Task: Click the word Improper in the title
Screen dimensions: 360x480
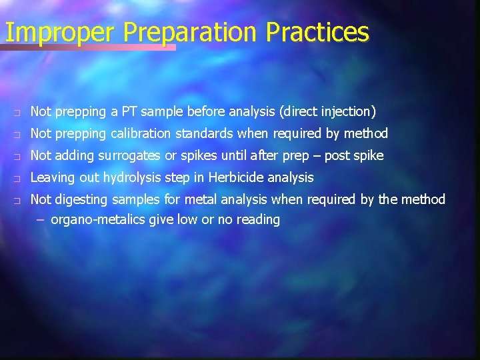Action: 61,32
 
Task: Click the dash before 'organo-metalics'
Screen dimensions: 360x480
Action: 41,219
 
